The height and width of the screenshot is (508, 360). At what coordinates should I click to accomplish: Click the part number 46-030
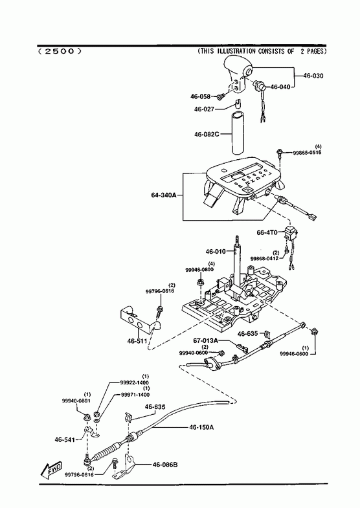(313, 76)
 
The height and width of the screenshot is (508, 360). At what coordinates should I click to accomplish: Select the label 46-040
(280, 87)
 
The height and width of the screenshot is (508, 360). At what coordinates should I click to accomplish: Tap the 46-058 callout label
(200, 96)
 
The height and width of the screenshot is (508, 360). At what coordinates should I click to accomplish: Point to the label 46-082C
(207, 134)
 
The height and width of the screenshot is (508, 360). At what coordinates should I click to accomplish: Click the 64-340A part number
(163, 195)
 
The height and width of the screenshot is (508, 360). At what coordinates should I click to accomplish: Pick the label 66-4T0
(267, 232)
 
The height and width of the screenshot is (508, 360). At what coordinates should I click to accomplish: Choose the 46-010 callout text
(216, 251)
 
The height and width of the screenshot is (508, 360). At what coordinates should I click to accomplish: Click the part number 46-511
(137, 341)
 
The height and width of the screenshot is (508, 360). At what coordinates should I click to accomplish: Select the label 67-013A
(206, 340)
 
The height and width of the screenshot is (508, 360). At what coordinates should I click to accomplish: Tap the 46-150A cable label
(201, 427)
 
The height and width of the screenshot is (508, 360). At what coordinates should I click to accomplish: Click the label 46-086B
(165, 465)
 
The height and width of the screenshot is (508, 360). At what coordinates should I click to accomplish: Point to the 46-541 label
(65, 439)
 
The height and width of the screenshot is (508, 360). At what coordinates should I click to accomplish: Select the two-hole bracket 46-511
(136, 320)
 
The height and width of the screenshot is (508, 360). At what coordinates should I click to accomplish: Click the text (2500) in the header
(60, 51)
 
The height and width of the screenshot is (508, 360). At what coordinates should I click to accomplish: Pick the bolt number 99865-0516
(307, 152)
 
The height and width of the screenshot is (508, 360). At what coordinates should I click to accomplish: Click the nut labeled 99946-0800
(200, 282)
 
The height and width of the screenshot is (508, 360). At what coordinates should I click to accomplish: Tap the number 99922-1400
(134, 382)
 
